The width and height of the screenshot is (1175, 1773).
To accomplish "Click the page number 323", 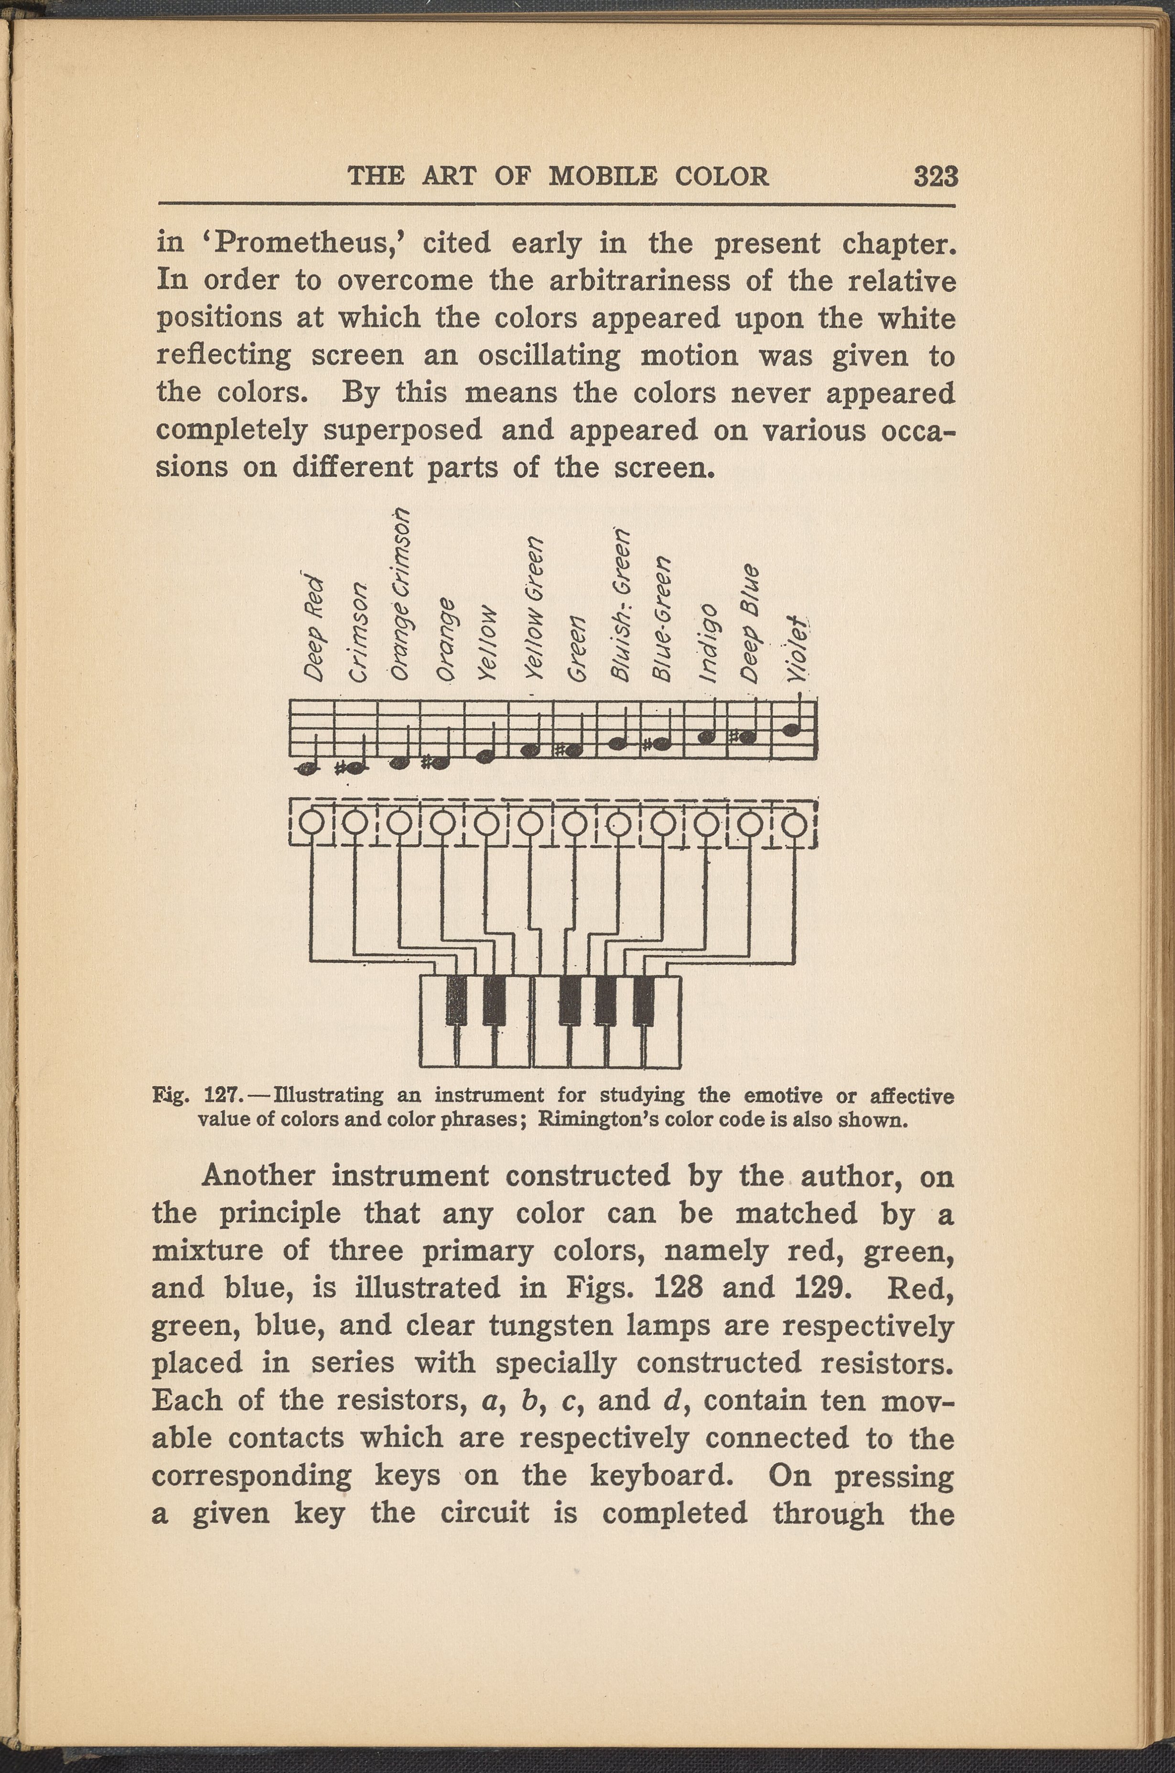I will tap(935, 177).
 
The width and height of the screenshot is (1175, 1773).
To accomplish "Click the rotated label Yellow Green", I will tap(534, 608).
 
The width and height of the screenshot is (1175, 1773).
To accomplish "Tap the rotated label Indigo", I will tap(710, 643).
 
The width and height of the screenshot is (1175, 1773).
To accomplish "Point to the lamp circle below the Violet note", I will tap(794, 825).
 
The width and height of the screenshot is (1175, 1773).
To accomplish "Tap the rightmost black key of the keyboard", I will tap(644, 1000).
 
